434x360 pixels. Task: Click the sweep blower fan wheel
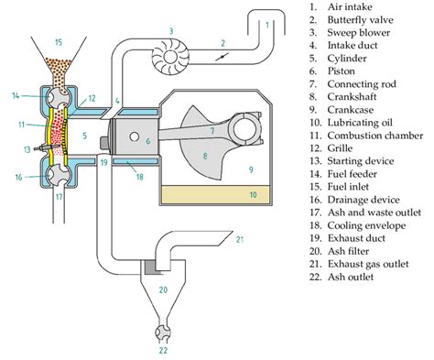pos(170,57)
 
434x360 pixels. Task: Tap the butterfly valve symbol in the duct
pos(222,57)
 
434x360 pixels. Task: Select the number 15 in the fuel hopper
pos(59,42)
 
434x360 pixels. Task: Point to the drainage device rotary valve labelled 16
pos(59,175)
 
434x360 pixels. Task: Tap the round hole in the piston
pos(135,136)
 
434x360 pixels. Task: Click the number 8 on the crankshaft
pos(205,156)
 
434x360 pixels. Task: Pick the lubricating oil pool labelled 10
pos(214,194)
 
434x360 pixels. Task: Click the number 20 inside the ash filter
pos(163,289)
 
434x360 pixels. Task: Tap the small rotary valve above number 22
pos(163,333)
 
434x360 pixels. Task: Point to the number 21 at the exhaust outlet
pos(240,239)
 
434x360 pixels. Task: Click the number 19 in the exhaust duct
pos(104,162)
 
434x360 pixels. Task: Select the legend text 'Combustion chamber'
pos(375,136)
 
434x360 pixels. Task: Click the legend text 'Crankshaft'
pos(352,97)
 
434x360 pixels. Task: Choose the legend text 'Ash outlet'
pos(351,277)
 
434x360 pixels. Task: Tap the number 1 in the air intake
pos(267,25)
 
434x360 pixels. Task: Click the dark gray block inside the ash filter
pos(149,267)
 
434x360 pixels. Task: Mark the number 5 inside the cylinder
pos(85,136)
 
